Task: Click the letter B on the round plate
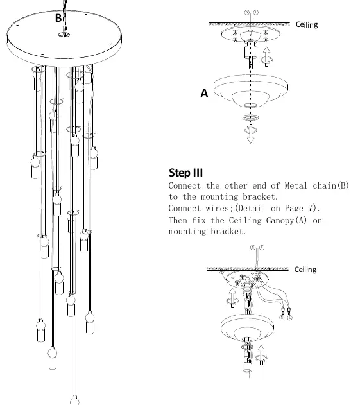tap(58, 18)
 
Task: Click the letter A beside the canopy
tap(204, 92)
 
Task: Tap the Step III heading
tap(185, 173)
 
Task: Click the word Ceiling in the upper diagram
tap(307, 24)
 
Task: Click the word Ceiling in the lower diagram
tap(305, 270)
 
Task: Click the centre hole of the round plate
tap(64, 35)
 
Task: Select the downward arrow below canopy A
tap(250, 134)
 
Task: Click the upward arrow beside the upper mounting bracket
tap(266, 56)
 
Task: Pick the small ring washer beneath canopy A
tap(251, 118)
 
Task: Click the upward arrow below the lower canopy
tap(261, 355)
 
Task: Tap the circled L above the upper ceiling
tap(256, 12)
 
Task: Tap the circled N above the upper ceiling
tap(247, 12)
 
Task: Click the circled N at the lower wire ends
tap(282, 318)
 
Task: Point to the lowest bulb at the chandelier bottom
tap(74, 401)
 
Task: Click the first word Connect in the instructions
tap(184, 185)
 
